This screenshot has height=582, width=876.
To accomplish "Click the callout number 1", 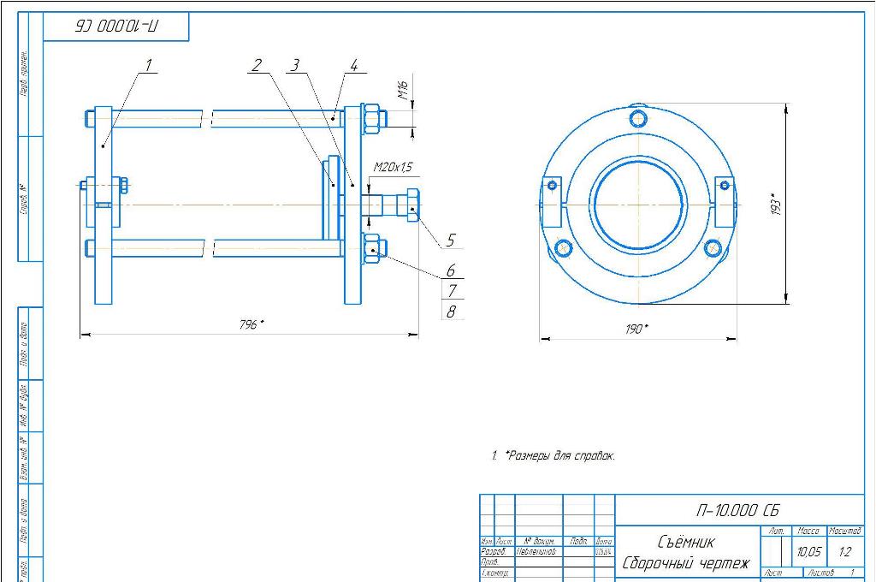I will pyautogui.click(x=148, y=65).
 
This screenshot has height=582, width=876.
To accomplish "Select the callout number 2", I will pyautogui.click(x=257, y=65).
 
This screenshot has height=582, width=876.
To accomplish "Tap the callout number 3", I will pyautogui.click(x=294, y=65).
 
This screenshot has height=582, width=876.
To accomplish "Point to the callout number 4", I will pyautogui.click(x=352, y=65).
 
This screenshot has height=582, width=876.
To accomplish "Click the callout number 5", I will pyautogui.click(x=451, y=241).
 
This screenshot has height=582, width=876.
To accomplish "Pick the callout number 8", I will pyautogui.click(x=451, y=312).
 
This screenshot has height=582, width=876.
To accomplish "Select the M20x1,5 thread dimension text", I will pyautogui.click(x=393, y=167).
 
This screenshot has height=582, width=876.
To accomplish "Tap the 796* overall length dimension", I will pyautogui.click(x=251, y=324).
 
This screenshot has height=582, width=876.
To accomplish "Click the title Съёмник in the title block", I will pyautogui.click(x=686, y=542).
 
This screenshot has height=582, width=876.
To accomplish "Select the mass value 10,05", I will pyautogui.click(x=808, y=552).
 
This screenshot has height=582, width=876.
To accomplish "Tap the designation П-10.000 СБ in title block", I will pyautogui.click(x=737, y=510).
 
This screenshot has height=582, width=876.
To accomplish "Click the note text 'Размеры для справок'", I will pyautogui.click(x=560, y=456).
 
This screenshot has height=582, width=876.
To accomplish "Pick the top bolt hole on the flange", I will pyautogui.click(x=638, y=116).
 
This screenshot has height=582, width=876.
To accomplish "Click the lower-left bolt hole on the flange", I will pyautogui.click(x=563, y=248).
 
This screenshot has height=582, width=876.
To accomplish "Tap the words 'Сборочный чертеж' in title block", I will pyautogui.click(x=686, y=563).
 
